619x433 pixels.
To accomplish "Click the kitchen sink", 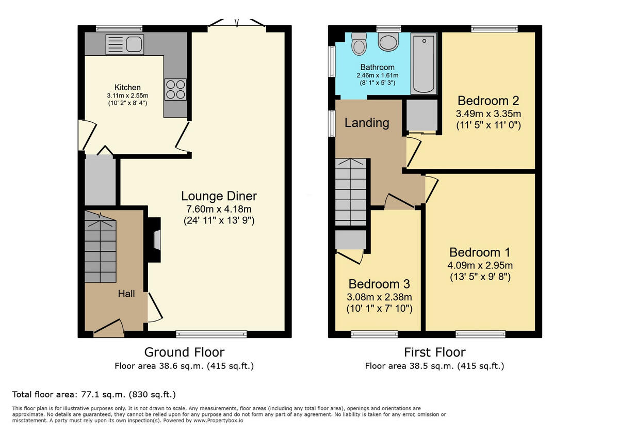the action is click(x=125, y=44).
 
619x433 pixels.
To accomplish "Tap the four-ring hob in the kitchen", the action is click(x=175, y=89).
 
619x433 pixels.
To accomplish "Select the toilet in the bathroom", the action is click(x=359, y=44).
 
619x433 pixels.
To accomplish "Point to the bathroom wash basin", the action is click(x=388, y=42).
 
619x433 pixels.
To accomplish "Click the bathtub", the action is click(x=424, y=64).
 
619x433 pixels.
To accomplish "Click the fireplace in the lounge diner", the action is click(x=153, y=240).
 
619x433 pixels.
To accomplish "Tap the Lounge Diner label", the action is click(x=219, y=196).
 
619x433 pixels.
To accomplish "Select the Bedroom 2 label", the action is click(x=488, y=101).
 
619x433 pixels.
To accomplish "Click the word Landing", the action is click(x=367, y=123).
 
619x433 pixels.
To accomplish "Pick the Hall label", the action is click(x=126, y=293).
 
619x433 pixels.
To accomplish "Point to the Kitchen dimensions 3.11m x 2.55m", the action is click(x=128, y=95).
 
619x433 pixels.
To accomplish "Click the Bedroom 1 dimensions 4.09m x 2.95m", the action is click(x=480, y=265).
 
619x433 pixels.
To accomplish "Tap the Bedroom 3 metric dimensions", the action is click(x=379, y=297).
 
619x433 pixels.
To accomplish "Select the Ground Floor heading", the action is click(x=184, y=352).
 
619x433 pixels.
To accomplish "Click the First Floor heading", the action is click(x=435, y=352).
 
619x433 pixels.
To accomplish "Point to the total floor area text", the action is click(x=94, y=394).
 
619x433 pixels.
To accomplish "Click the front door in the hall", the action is click(x=109, y=328).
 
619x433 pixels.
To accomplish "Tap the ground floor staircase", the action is click(x=100, y=247).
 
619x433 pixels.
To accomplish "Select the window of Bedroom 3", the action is click(x=374, y=334).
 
